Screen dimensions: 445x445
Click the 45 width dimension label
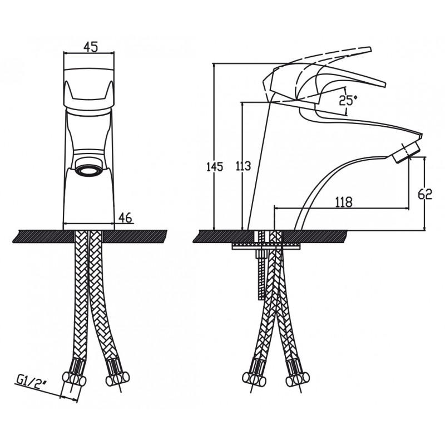click(x=91, y=47)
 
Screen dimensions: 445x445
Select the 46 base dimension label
click(x=125, y=217)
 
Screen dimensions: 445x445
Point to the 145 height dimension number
click(x=215, y=166)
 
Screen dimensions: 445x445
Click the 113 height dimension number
click(x=243, y=166)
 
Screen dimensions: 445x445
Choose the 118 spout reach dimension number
click(x=344, y=202)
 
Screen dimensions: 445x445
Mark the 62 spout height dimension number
click(x=425, y=194)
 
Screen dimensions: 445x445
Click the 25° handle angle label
click(x=348, y=100)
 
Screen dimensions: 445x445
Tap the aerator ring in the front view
click(x=88, y=172)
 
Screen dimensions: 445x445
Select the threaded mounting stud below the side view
click(x=261, y=274)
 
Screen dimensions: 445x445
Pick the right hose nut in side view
click(x=298, y=379)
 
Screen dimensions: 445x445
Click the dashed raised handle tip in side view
click(x=368, y=50)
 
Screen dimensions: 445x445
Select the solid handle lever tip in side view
click(x=382, y=84)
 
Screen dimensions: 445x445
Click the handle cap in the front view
click(x=88, y=88)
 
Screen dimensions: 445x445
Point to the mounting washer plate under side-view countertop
click(x=266, y=246)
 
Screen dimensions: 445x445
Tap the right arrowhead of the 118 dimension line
click(x=407, y=209)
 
